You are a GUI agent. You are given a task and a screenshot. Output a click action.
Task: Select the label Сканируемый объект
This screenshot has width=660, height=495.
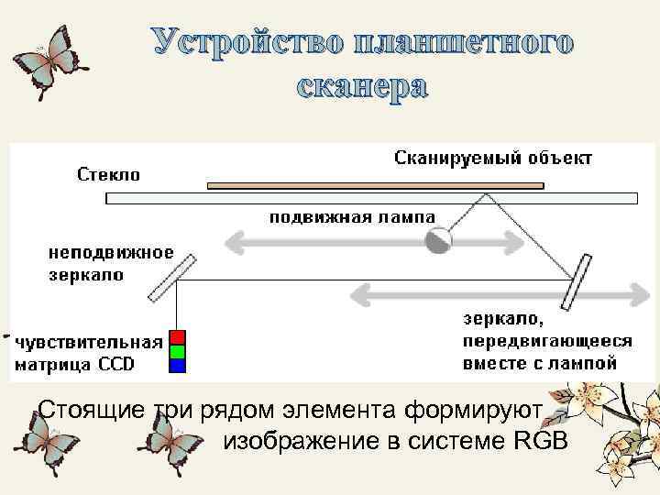click(493, 158)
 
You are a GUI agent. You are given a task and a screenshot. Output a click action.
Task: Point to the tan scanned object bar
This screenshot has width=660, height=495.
click(376, 185)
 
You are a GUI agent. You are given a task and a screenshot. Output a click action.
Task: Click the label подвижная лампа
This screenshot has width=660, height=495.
click(352, 217)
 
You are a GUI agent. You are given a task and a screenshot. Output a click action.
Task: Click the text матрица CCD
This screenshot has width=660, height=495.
click(74, 365)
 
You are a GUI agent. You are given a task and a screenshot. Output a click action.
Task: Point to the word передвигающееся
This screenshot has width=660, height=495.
click(547, 341)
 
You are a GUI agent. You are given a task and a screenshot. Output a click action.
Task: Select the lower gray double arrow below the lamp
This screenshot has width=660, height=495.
click(495, 293)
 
